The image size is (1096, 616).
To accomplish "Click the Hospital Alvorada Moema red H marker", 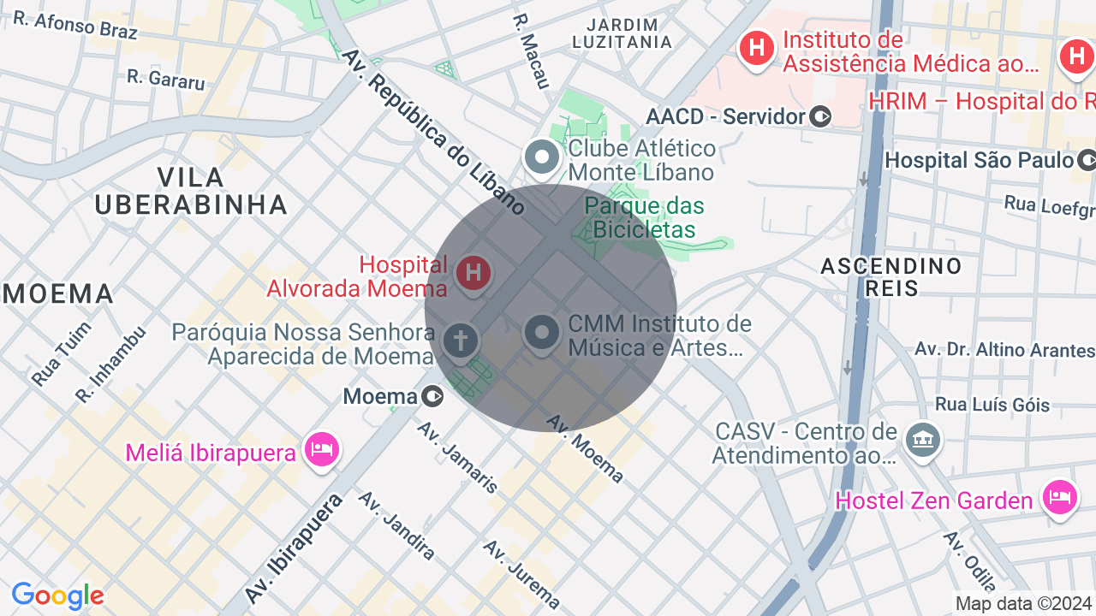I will pyautogui.click(x=472, y=274).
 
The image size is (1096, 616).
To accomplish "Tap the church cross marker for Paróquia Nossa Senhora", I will pyautogui.click(x=460, y=341).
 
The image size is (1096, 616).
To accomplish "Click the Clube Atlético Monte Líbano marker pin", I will pyautogui.click(x=541, y=157).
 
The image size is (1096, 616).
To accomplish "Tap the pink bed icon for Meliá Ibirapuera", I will pyautogui.click(x=322, y=448).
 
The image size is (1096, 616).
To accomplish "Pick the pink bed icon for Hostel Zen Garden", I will pyautogui.click(x=1059, y=496).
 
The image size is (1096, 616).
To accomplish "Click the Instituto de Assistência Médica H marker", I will pyautogui.click(x=757, y=48).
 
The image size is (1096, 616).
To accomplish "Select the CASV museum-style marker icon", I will pyautogui.click(x=922, y=441).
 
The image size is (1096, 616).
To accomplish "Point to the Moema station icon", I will pyautogui.click(x=433, y=397).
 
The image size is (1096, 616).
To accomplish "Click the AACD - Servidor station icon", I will pyautogui.click(x=820, y=116).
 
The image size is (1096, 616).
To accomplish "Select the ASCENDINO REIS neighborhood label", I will pyautogui.click(x=890, y=276).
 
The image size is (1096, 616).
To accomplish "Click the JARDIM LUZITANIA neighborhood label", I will pyautogui.click(x=622, y=33).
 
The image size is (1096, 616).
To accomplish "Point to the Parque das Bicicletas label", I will pyautogui.click(x=644, y=217).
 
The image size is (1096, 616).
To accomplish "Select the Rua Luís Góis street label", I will pyautogui.click(x=992, y=404).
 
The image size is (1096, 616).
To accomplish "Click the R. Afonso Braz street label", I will pyautogui.click(x=75, y=26).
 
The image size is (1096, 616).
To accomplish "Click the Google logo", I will pyautogui.click(x=57, y=595).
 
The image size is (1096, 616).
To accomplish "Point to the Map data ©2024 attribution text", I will pyautogui.click(x=1023, y=603).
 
